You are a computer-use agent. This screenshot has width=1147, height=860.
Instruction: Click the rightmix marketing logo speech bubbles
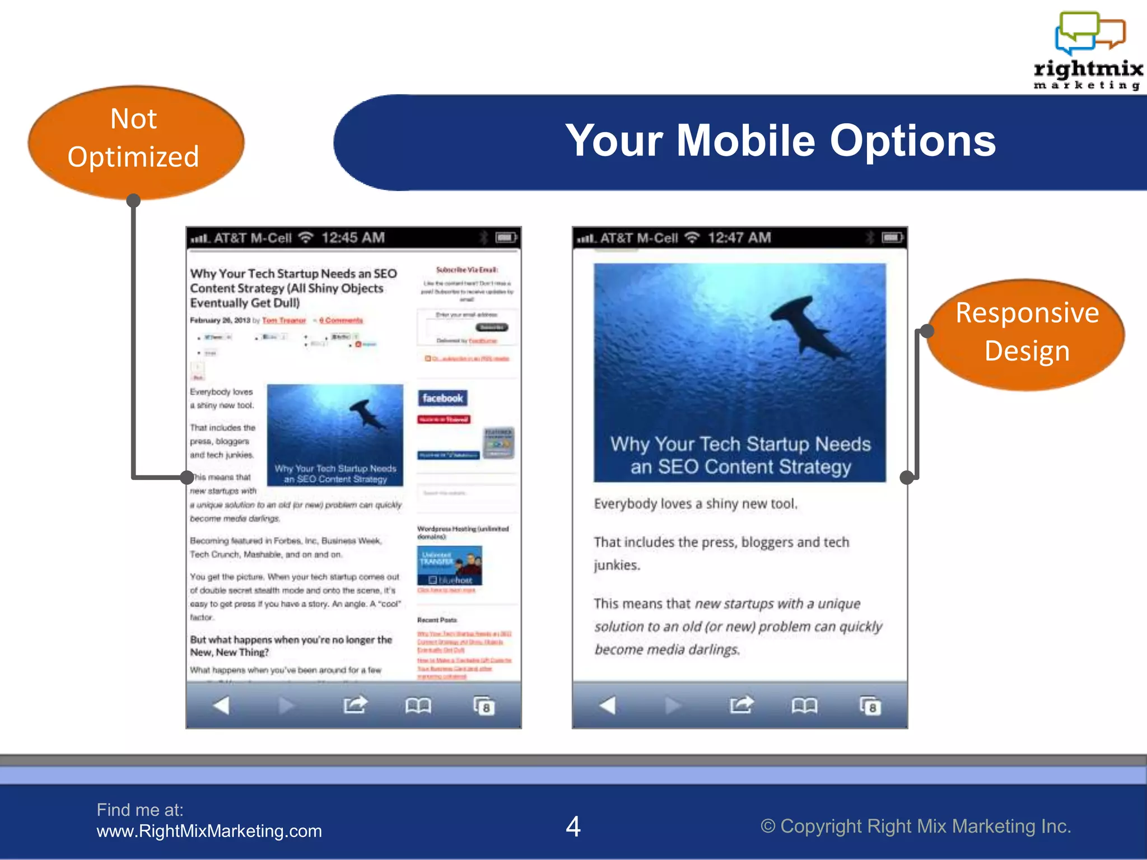tap(1089, 32)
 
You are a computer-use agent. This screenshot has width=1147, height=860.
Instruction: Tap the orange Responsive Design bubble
tap(1027, 333)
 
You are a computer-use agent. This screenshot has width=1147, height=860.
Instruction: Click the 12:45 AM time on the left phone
tap(353, 238)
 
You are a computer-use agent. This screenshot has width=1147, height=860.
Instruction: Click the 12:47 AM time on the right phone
tap(739, 238)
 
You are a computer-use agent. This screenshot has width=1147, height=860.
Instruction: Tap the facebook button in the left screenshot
tap(442, 398)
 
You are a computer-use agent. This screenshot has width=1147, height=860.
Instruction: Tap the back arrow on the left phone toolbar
tap(221, 705)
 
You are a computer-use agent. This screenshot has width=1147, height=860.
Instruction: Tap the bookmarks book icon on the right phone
tap(804, 705)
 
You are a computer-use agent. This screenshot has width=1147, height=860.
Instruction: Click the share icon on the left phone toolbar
tap(355, 705)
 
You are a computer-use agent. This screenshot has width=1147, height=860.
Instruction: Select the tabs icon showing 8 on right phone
tap(870, 706)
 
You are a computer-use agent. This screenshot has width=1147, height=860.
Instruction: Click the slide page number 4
tap(573, 826)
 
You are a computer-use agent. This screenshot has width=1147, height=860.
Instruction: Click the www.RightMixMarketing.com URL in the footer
tap(209, 831)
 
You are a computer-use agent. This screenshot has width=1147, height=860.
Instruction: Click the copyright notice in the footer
tap(915, 826)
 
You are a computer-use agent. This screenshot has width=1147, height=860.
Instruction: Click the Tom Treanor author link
tap(284, 320)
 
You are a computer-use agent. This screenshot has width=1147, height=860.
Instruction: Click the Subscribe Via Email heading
tap(467, 270)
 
